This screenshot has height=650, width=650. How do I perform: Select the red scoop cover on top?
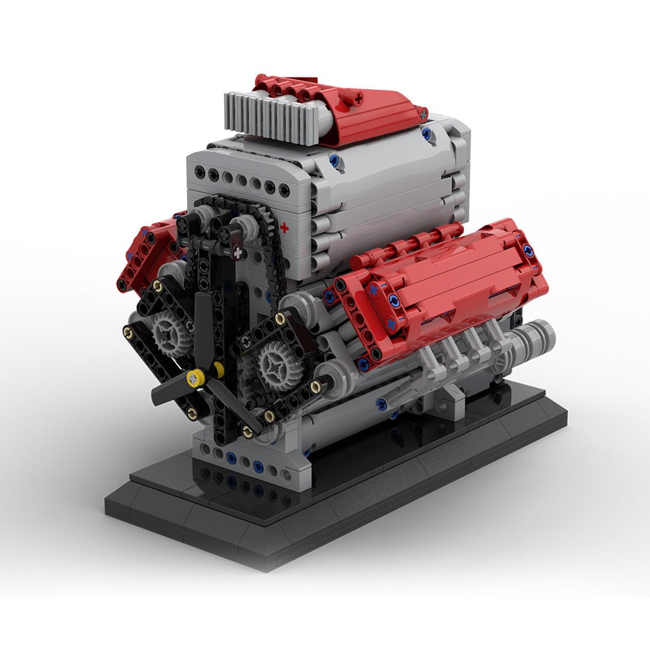pos(378,115)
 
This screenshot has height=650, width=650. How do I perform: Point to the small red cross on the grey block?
pos(285,227)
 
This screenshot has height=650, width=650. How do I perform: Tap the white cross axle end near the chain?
pos(238,253)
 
